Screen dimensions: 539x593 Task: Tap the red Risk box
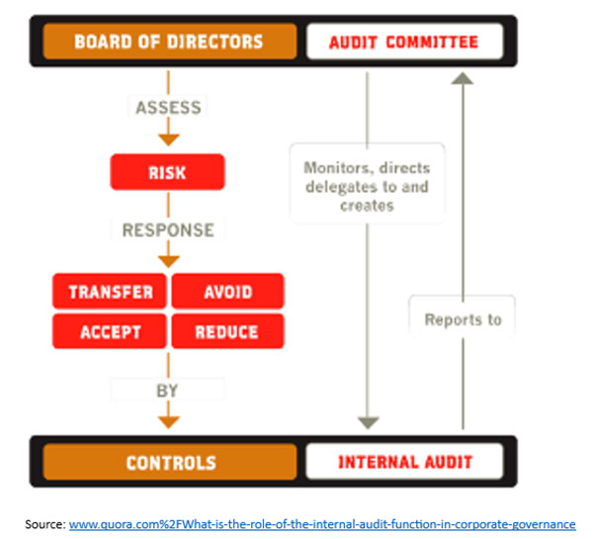(167, 173)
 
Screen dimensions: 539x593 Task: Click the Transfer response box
(111, 292)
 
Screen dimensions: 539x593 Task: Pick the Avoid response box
(227, 292)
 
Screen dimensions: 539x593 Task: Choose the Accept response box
(111, 331)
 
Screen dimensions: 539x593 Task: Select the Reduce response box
(227, 331)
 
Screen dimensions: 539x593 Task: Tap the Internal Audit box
(405, 462)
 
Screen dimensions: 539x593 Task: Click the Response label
(167, 229)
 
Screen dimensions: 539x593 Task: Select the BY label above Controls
(167, 391)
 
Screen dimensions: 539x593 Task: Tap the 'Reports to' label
(463, 319)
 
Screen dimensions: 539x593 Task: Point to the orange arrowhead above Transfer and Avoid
(168, 260)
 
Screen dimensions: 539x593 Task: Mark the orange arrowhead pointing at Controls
(168, 421)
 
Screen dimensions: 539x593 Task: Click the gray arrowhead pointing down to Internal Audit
(368, 422)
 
